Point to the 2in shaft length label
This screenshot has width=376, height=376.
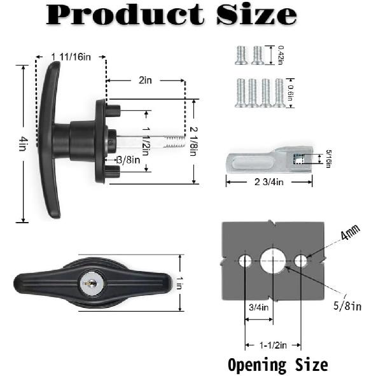(146, 81)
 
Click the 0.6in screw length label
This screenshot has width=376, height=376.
(291, 94)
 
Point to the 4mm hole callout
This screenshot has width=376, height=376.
(349, 235)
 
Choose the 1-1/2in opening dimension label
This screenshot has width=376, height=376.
(274, 345)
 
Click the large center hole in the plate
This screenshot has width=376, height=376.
(274, 260)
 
